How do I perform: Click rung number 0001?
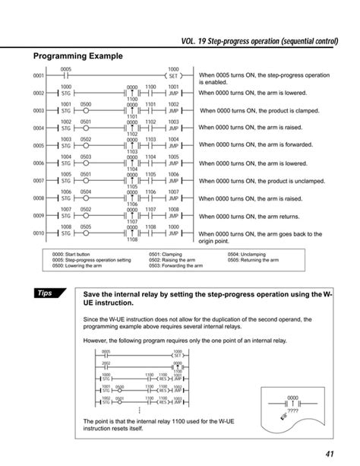point(39,76)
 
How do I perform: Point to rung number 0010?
point(39,233)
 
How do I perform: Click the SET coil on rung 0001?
point(173,76)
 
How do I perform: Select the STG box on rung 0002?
point(65,94)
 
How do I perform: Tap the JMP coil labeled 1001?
point(173,94)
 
